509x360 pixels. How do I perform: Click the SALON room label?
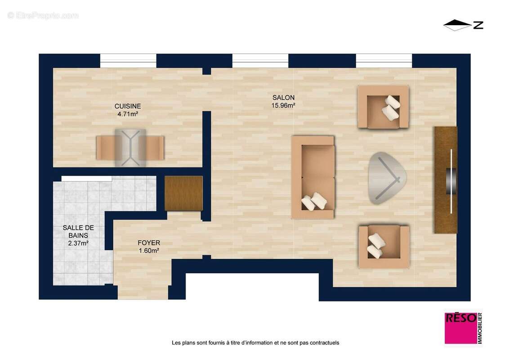[x=283, y=98]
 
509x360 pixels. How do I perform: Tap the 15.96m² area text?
[x=283, y=106]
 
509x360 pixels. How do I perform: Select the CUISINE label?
[x=128, y=106]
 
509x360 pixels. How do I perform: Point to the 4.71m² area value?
[x=128, y=114]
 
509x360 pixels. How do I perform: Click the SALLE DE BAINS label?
[x=78, y=231]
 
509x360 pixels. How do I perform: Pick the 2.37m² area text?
[x=78, y=243]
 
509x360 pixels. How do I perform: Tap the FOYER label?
[x=149, y=243]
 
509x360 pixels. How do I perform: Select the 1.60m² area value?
[x=149, y=251]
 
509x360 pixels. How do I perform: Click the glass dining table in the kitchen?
[x=130, y=148]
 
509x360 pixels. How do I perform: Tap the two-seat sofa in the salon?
[x=313, y=177]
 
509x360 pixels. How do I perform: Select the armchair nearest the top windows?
[x=383, y=107]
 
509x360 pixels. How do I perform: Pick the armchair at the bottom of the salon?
[x=384, y=247]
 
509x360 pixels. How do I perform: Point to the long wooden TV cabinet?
[x=445, y=180]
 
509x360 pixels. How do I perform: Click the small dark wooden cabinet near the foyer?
[x=183, y=193]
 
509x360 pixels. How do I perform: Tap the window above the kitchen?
[x=128, y=61]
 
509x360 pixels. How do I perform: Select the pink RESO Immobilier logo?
[x=462, y=328]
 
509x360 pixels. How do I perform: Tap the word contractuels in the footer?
[x=323, y=343]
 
